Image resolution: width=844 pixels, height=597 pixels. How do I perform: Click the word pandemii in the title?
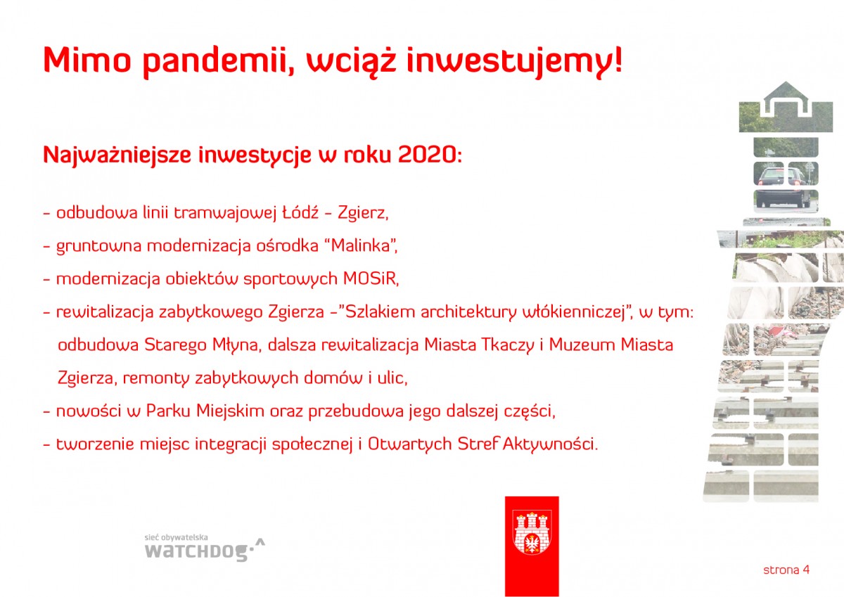(x=219, y=62)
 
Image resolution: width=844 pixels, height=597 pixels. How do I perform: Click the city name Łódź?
(x=300, y=212)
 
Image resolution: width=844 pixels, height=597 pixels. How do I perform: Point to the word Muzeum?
(x=582, y=345)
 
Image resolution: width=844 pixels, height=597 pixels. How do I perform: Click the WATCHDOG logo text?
(x=196, y=552)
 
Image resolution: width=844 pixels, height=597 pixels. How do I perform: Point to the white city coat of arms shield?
(x=532, y=532)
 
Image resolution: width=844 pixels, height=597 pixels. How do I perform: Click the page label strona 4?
(x=786, y=570)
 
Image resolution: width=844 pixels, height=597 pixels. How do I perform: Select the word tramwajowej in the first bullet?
(x=225, y=213)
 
